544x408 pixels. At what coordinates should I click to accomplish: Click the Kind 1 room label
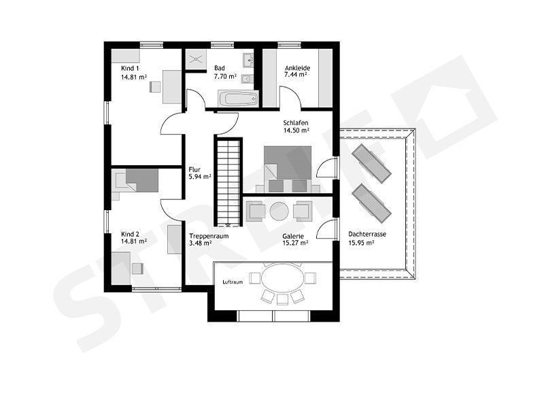click(130, 69)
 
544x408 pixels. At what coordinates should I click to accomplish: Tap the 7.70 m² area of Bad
click(225, 76)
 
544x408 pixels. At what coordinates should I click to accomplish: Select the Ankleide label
click(297, 68)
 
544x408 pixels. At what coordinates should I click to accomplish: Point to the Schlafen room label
click(296, 123)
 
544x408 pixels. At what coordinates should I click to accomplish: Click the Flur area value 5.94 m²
click(200, 177)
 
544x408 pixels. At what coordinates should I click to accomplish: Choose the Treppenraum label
click(209, 236)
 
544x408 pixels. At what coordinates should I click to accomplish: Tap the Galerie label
click(293, 236)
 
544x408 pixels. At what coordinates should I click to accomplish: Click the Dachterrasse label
click(367, 234)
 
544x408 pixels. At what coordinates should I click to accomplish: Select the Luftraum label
click(233, 282)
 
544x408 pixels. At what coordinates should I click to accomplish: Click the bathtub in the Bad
click(238, 99)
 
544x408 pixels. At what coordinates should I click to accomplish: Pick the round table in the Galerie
click(279, 211)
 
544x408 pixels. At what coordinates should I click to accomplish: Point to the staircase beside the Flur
click(228, 182)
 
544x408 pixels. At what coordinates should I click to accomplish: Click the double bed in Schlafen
click(288, 169)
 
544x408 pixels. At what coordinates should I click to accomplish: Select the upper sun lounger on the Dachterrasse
click(371, 163)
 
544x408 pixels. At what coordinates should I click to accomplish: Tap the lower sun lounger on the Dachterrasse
click(371, 203)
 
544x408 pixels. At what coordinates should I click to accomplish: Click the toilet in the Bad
click(246, 80)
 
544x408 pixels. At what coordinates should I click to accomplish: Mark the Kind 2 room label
click(130, 234)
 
